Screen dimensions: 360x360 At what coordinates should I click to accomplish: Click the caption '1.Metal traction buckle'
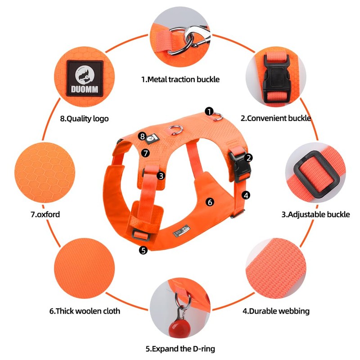pyautogui.click(x=180, y=80)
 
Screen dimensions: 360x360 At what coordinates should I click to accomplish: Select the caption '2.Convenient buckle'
pyautogui.click(x=275, y=119)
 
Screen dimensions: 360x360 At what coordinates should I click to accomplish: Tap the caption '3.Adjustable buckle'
pyautogui.click(x=315, y=214)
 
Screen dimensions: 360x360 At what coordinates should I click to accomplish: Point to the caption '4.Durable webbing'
pyautogui.click(x=276, y=310)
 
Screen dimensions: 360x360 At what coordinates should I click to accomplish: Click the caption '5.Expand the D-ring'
pyautogui.click(x=180, y=348)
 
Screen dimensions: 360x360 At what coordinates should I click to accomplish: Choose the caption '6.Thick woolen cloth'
pyautogui.click(x=85, y=310)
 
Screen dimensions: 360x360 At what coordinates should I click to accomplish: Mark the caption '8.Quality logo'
pyautogui.click(x=84, y=119)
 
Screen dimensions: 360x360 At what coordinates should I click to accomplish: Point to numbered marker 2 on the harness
pyautogui.click(x=248, y=157)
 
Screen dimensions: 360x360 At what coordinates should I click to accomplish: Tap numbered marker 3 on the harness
pyautogui.click(x=161, y=176)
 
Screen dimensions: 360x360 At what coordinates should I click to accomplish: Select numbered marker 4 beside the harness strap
pyautogui.click(x=246, y=195)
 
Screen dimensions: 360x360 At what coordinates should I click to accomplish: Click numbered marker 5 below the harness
pyautogui.click(x=143, y=250)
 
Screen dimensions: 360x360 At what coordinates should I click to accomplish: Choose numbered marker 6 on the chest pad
pyautogui.click(x=209, y=202)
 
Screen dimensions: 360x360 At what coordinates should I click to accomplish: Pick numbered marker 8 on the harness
pyautogui.click(x=142, y=136)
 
